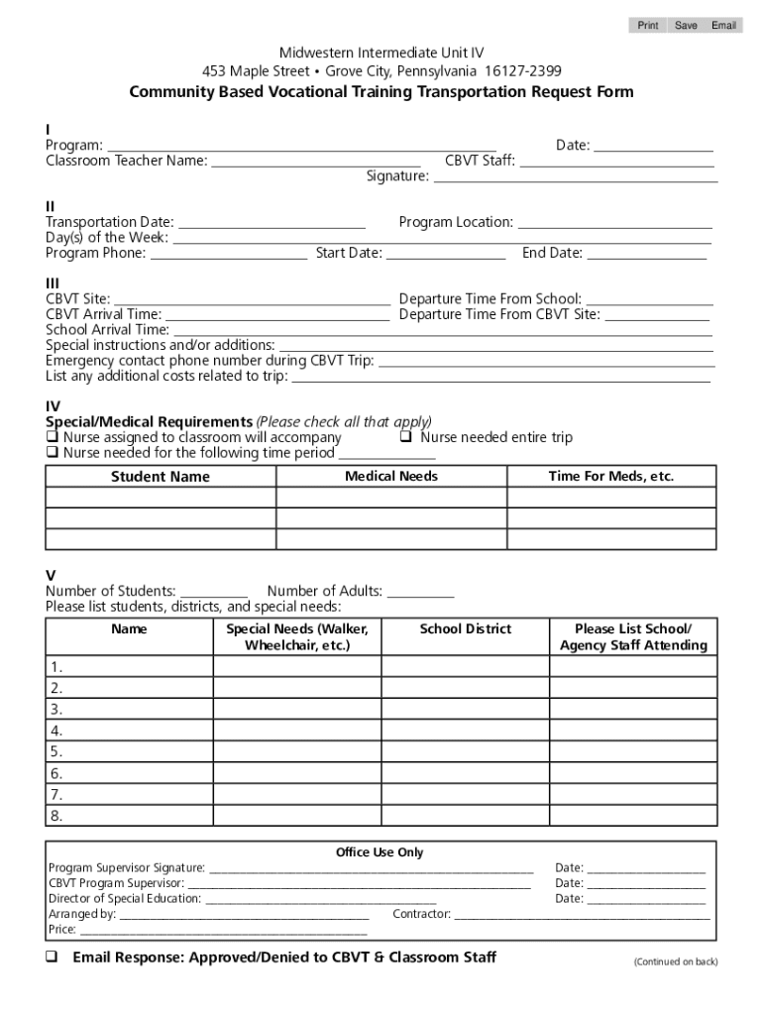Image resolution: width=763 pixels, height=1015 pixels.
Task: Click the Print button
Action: coord(647,25)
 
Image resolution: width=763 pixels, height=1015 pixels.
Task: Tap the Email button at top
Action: coord(723,25)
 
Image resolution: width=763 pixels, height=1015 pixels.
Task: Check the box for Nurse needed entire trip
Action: coord(406,437)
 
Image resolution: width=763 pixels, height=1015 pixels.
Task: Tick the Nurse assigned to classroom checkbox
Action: coord(53,437)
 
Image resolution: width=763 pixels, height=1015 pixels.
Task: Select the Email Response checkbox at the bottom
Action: coord(53,958)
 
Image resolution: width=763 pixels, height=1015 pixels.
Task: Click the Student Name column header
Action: coord(161,477)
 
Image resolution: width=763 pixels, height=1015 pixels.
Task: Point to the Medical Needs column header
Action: coord(390,476)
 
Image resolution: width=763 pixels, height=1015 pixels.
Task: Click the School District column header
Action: coord(465,629)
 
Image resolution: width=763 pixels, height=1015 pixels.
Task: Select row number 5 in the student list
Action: coord(56,751)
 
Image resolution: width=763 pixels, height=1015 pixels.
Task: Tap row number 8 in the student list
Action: coord(56,816)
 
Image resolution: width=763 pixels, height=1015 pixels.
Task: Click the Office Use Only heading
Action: coord(380,852)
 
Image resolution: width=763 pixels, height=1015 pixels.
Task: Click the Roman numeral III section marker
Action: coord(53,282)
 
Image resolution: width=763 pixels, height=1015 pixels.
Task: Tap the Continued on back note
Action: coord(676,961)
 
